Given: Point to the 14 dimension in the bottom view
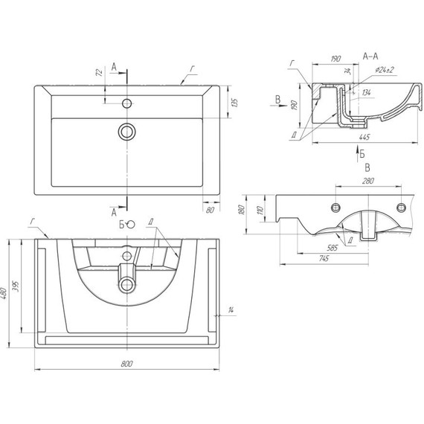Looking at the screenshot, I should tap(231, 309).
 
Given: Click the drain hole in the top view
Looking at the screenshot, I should tap(127, 132).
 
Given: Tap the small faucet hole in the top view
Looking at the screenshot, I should tap(127, 103).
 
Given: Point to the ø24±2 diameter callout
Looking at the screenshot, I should tap(385, 70).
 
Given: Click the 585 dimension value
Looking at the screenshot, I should tap(331, 246).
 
